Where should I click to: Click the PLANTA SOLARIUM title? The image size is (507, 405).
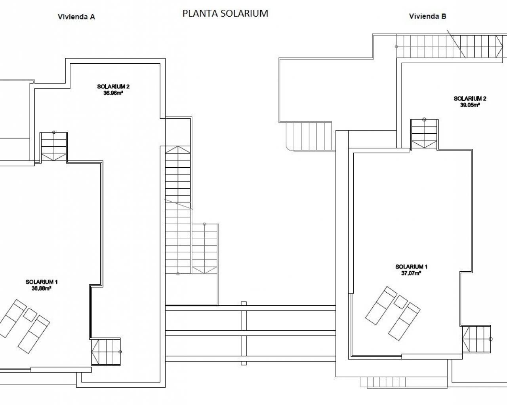(x=225, y=13)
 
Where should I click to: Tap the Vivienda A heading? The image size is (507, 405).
(x=76, y=17)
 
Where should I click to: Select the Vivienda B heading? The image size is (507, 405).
(x=428, y=16)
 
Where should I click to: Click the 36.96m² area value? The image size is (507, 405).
(x=113, y=93)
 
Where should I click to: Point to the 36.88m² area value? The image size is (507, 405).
(x=42, y=288)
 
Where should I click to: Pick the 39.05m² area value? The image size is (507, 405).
(x=470, y=105)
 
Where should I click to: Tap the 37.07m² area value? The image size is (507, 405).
(x=411, y=273)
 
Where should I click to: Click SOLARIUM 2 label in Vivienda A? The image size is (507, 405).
(x=113, y=87)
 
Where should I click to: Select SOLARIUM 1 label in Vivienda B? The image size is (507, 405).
(x=412, y=267)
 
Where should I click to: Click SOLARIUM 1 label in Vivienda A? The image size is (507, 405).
(x=42, y=282)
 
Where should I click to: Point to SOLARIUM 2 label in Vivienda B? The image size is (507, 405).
(x=470, y=98)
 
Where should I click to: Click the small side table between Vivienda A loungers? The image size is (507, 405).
(x=30, y=315)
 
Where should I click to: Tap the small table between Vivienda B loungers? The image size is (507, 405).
(x=400, y=302)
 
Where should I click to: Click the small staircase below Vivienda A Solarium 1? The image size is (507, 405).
(x=106, y=352)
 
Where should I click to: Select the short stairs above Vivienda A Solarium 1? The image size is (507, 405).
(x=54, y=147)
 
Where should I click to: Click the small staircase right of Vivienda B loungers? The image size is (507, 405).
(x=477, y=339)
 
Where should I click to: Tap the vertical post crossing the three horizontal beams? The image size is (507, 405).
(x=244, y=333)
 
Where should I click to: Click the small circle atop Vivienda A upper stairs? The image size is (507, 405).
(x=54, y=132)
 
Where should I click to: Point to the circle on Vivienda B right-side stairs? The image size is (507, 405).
(x=490, y=339)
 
